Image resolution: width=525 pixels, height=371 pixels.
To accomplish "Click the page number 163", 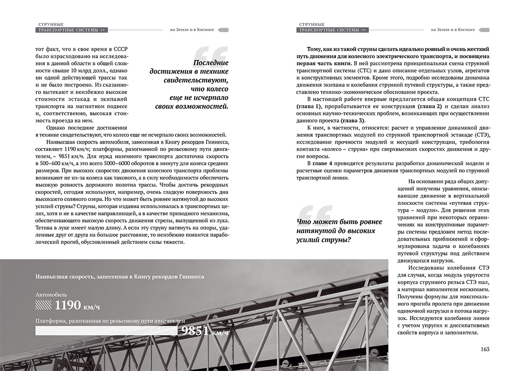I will click(x=485, y=349).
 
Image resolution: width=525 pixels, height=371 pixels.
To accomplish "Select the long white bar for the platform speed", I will click(x=105, y=331).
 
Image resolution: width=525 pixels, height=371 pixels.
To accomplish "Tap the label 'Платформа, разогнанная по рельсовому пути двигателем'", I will click(x=110, y=320).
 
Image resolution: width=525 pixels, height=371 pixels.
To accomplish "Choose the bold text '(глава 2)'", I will click(x=431, y=105).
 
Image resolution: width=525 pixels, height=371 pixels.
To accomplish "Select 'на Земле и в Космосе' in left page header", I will click(x=191, y=30).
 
